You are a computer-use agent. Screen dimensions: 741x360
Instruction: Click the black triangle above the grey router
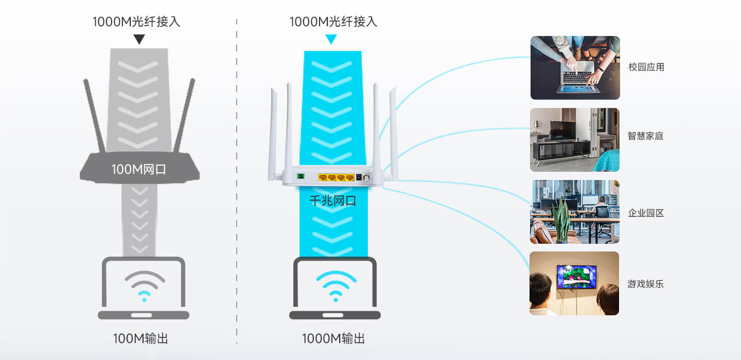point(139,39)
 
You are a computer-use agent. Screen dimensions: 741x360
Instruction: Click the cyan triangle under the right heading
point(331,39)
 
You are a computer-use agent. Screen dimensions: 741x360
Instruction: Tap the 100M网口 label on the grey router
point(139,169)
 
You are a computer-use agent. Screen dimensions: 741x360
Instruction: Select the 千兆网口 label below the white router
point(333,201)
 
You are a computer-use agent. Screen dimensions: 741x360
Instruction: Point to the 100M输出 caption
point(140,338)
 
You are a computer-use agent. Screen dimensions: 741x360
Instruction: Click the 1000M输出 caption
point(333,338)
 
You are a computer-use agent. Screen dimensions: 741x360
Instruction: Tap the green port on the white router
point(301,176)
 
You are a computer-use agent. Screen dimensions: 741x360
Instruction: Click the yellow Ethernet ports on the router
point(336,177)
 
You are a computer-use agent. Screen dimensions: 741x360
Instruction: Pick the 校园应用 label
point(646,67)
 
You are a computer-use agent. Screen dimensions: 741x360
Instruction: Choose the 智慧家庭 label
point(645,136)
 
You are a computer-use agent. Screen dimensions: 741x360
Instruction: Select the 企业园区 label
point(646,213)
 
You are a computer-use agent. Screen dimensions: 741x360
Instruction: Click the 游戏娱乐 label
point(645,284)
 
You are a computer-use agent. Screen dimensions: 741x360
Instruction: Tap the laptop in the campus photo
point(577,77)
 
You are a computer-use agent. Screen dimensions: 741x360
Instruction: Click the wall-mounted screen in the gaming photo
point(576,276)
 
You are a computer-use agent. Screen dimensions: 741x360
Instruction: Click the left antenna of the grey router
point(94,116)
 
